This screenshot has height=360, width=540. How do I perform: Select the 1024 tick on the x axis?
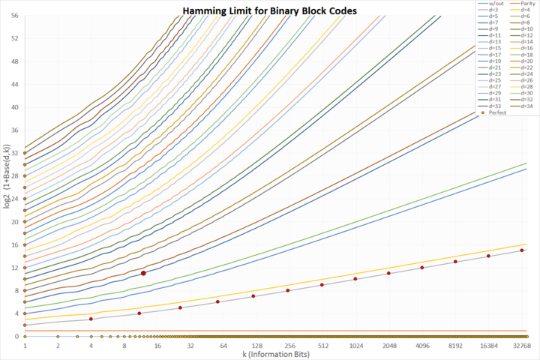[x=355, y=345]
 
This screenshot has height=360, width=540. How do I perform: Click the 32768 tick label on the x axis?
[x=521, y=345]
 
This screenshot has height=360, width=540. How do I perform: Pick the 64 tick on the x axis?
[x=223, y=345]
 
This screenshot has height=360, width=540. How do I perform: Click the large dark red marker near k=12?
[x=143, y=273]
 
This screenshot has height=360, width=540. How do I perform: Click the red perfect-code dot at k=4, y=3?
[x=91, y=319]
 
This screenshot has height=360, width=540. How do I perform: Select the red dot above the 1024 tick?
[x=355, y=278]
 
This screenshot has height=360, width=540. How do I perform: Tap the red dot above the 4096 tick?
[x=422, y=267]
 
